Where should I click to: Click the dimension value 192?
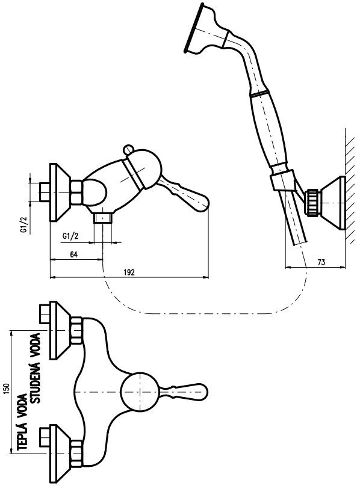pyautogui.click(x=129, y=272)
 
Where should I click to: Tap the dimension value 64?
pyautogui.click(x=73, y=254)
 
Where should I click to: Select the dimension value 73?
pyautogui.click(x=321, y=262)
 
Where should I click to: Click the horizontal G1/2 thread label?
pyautogui.click(x=70, y=236)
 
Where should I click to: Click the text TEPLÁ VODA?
pyautogui.click(x=22, y=422)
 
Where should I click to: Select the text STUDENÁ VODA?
pyautogui.click(x=36, y=368)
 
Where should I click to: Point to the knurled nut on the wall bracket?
pyautogui.click(x=313, y=202)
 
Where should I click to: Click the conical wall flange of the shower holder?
pyautogui.click(x=334, y=203)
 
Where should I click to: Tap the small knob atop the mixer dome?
pyautogui.click(x=128, y=149)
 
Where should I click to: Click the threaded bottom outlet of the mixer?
pyautogui.click(x=103, y=218)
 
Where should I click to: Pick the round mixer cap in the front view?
pyautogui.click(x=140, y=392)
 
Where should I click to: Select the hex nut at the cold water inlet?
pyautogui.click(x=76, y=330)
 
